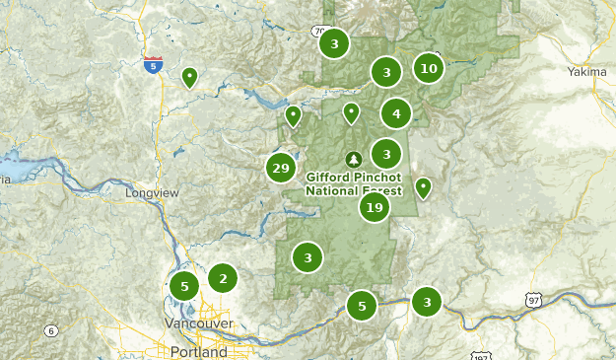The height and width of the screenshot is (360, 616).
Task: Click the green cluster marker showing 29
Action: click(281, 168)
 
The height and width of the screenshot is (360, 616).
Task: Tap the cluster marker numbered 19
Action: click(374, 207)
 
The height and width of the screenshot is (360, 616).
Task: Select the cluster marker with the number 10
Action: click(428, 68)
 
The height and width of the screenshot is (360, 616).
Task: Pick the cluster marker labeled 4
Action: click(396, 113)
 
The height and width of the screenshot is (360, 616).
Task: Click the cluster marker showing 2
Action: click(223, 279)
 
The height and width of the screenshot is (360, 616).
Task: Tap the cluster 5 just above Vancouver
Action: click(184, 287)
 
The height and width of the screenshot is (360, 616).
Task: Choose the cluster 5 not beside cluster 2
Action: click(362, 306)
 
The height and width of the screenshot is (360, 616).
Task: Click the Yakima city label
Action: click(589, 72)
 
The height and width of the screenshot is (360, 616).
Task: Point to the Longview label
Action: click(153, 193)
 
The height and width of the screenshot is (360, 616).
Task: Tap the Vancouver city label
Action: click(199, 324)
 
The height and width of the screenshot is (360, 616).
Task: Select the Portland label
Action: click(197, 351)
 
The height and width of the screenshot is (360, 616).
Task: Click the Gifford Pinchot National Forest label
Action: click(354, 183)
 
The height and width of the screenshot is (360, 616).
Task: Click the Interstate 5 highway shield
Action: click(153, 65)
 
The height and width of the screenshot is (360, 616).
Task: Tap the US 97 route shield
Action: click(533, 299)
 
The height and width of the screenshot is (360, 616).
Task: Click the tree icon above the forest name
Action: click(354, 158)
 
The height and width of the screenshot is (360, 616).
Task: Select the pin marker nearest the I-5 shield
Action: click(189, 76)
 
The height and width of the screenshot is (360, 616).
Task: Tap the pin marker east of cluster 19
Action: click(423, 186)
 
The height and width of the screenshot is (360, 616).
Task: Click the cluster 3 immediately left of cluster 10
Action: click(386, 72)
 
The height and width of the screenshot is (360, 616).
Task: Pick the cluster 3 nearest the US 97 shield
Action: click(427, 301)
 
